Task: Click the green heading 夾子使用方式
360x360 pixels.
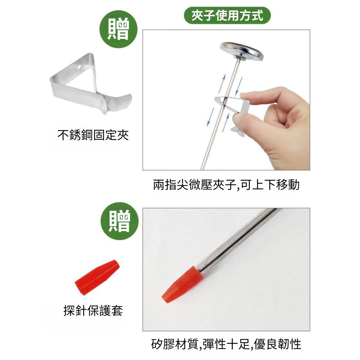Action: pyautogui.click(x=227, y=15)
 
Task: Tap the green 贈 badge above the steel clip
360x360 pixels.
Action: pyautogui.click(x=118, y=29)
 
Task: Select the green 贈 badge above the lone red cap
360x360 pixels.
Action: pyautogui.click(x=120, y=221)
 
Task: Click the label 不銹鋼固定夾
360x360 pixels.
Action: pyautogui.click(x=93, y=135)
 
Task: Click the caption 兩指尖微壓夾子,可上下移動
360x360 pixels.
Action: pyautogui.click(x=226, y=184)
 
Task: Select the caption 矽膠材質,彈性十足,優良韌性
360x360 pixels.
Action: pyautogui.click(x=226, y=344)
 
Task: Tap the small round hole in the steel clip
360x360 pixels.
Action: pyautogui.click(x=80, y=67)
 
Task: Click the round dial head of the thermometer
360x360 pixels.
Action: pyautogui.click(x=241, y=51)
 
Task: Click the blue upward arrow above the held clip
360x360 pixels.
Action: pyautogui.click(x=222, y=83)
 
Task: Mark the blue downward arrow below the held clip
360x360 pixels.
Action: pyautogui.click(x=210, y=117)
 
